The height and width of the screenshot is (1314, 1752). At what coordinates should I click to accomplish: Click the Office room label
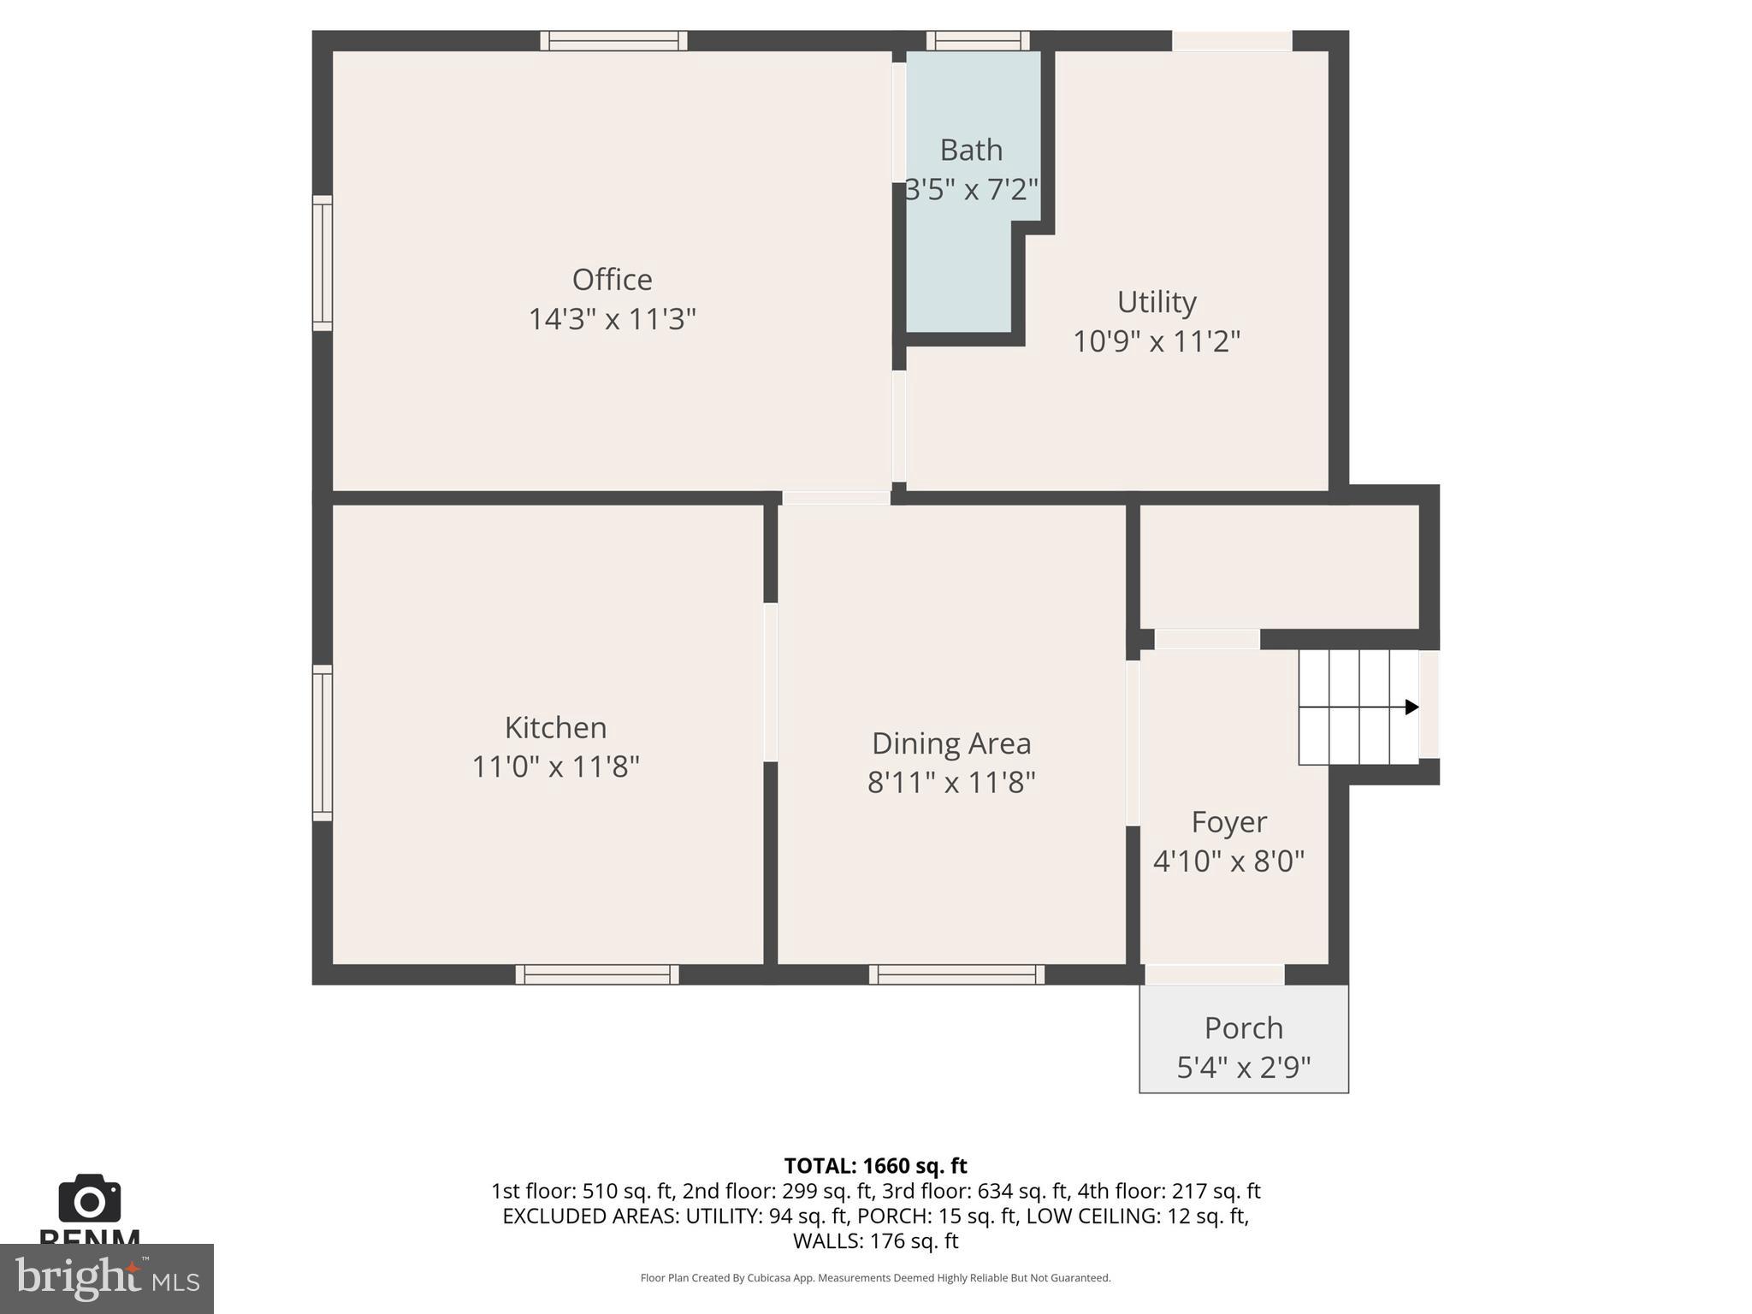(x=612, y=280)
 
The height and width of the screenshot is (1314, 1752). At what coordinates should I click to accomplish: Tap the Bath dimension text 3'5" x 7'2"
(x=972, y=189)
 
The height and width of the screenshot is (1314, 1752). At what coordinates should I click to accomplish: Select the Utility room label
(x=1157, y=302)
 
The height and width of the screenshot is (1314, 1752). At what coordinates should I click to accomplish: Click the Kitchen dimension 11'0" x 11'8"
(x=556, y=766)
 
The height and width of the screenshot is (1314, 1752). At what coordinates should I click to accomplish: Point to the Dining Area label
(x=951, y=743)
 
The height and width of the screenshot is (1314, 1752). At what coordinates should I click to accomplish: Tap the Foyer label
(x=1228, y=822)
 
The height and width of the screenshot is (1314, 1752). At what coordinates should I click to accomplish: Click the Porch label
(x=1243, y=1027)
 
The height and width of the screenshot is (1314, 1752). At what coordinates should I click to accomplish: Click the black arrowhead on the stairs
(x=1412, y=707)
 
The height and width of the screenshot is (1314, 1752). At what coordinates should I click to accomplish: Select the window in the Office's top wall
(x=613, y=40)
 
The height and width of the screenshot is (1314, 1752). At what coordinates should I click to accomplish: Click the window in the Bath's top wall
(x=978, y=40)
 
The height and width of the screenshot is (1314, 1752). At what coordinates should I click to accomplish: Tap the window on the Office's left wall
(x=322, y=263)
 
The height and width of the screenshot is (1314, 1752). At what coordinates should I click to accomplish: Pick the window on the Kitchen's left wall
(x=322, y=743)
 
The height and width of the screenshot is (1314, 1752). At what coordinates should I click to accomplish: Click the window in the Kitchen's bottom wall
(x=597, y=974)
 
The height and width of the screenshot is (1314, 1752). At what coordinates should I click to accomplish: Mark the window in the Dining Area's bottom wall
(x=956, y=974)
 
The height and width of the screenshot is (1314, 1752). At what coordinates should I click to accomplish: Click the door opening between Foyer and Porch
(x=1215, y=974)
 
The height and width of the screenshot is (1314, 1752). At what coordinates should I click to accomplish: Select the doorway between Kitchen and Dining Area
(x=770, y=682)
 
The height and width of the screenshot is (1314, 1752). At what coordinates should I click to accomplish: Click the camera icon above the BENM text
(x=89, y=1199)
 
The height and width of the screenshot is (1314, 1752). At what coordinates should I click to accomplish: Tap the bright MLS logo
(x=106, y=1278)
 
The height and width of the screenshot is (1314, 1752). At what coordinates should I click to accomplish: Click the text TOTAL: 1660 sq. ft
(x=875, y=1166)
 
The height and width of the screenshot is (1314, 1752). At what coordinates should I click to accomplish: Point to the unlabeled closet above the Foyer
(x=1279, y=566)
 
